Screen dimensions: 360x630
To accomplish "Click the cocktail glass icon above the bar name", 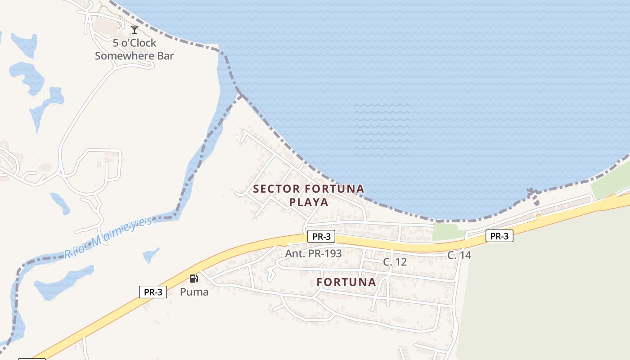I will tap(135, 30).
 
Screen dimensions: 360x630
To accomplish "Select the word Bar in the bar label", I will tap(165, 56).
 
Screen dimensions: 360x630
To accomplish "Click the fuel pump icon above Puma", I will tap(194, 279).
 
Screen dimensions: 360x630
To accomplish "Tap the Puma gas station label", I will tap(194, 292).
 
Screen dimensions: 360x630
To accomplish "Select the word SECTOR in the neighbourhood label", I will tap(274, 189).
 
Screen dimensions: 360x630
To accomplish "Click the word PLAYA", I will tap(309, 202).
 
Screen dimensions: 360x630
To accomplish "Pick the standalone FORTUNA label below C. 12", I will tap(346, 282).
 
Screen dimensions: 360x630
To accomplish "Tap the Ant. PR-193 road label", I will tap(313, 253).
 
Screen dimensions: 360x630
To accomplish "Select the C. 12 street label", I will tap(395, 262).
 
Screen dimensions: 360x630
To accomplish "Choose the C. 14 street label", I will tap(459, 255).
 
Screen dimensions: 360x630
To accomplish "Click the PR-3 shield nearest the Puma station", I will tap(153, 292).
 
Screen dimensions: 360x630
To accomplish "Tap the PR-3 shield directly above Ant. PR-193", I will tap(321, 236).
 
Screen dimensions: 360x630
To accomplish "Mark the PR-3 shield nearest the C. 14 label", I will tap(499, 236).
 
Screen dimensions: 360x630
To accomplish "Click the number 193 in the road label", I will tap(332, 253).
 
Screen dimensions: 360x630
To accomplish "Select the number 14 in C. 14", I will tap(465, 255).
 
